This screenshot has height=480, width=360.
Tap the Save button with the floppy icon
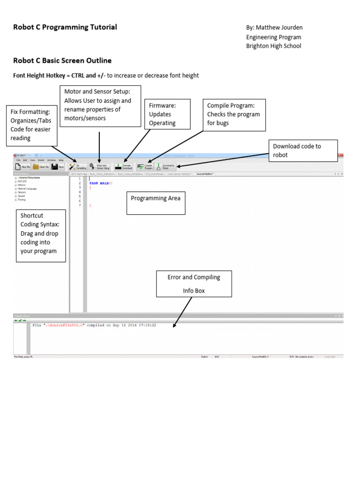click(58, 166)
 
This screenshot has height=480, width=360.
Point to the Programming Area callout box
click(156, 202)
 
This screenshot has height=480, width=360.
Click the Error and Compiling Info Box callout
click(194, 284)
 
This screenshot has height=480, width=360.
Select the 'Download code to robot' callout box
click(303, 150)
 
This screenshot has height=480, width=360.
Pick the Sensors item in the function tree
click(22, 192)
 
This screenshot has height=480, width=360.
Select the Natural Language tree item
click(27, 188)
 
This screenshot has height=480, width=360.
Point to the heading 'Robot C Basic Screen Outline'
click(62, 61)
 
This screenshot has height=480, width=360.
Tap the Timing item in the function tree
click(22, 200)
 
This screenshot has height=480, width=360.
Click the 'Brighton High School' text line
click(274, 46)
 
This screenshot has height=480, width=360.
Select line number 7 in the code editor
click(80, 205)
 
